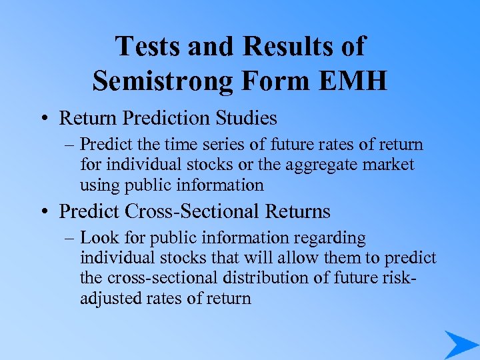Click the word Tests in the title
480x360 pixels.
click(147, 46)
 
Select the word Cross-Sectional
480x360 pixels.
click(180, 211)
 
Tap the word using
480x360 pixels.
click(97, 185)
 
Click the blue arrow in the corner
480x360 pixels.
click(460, 343)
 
